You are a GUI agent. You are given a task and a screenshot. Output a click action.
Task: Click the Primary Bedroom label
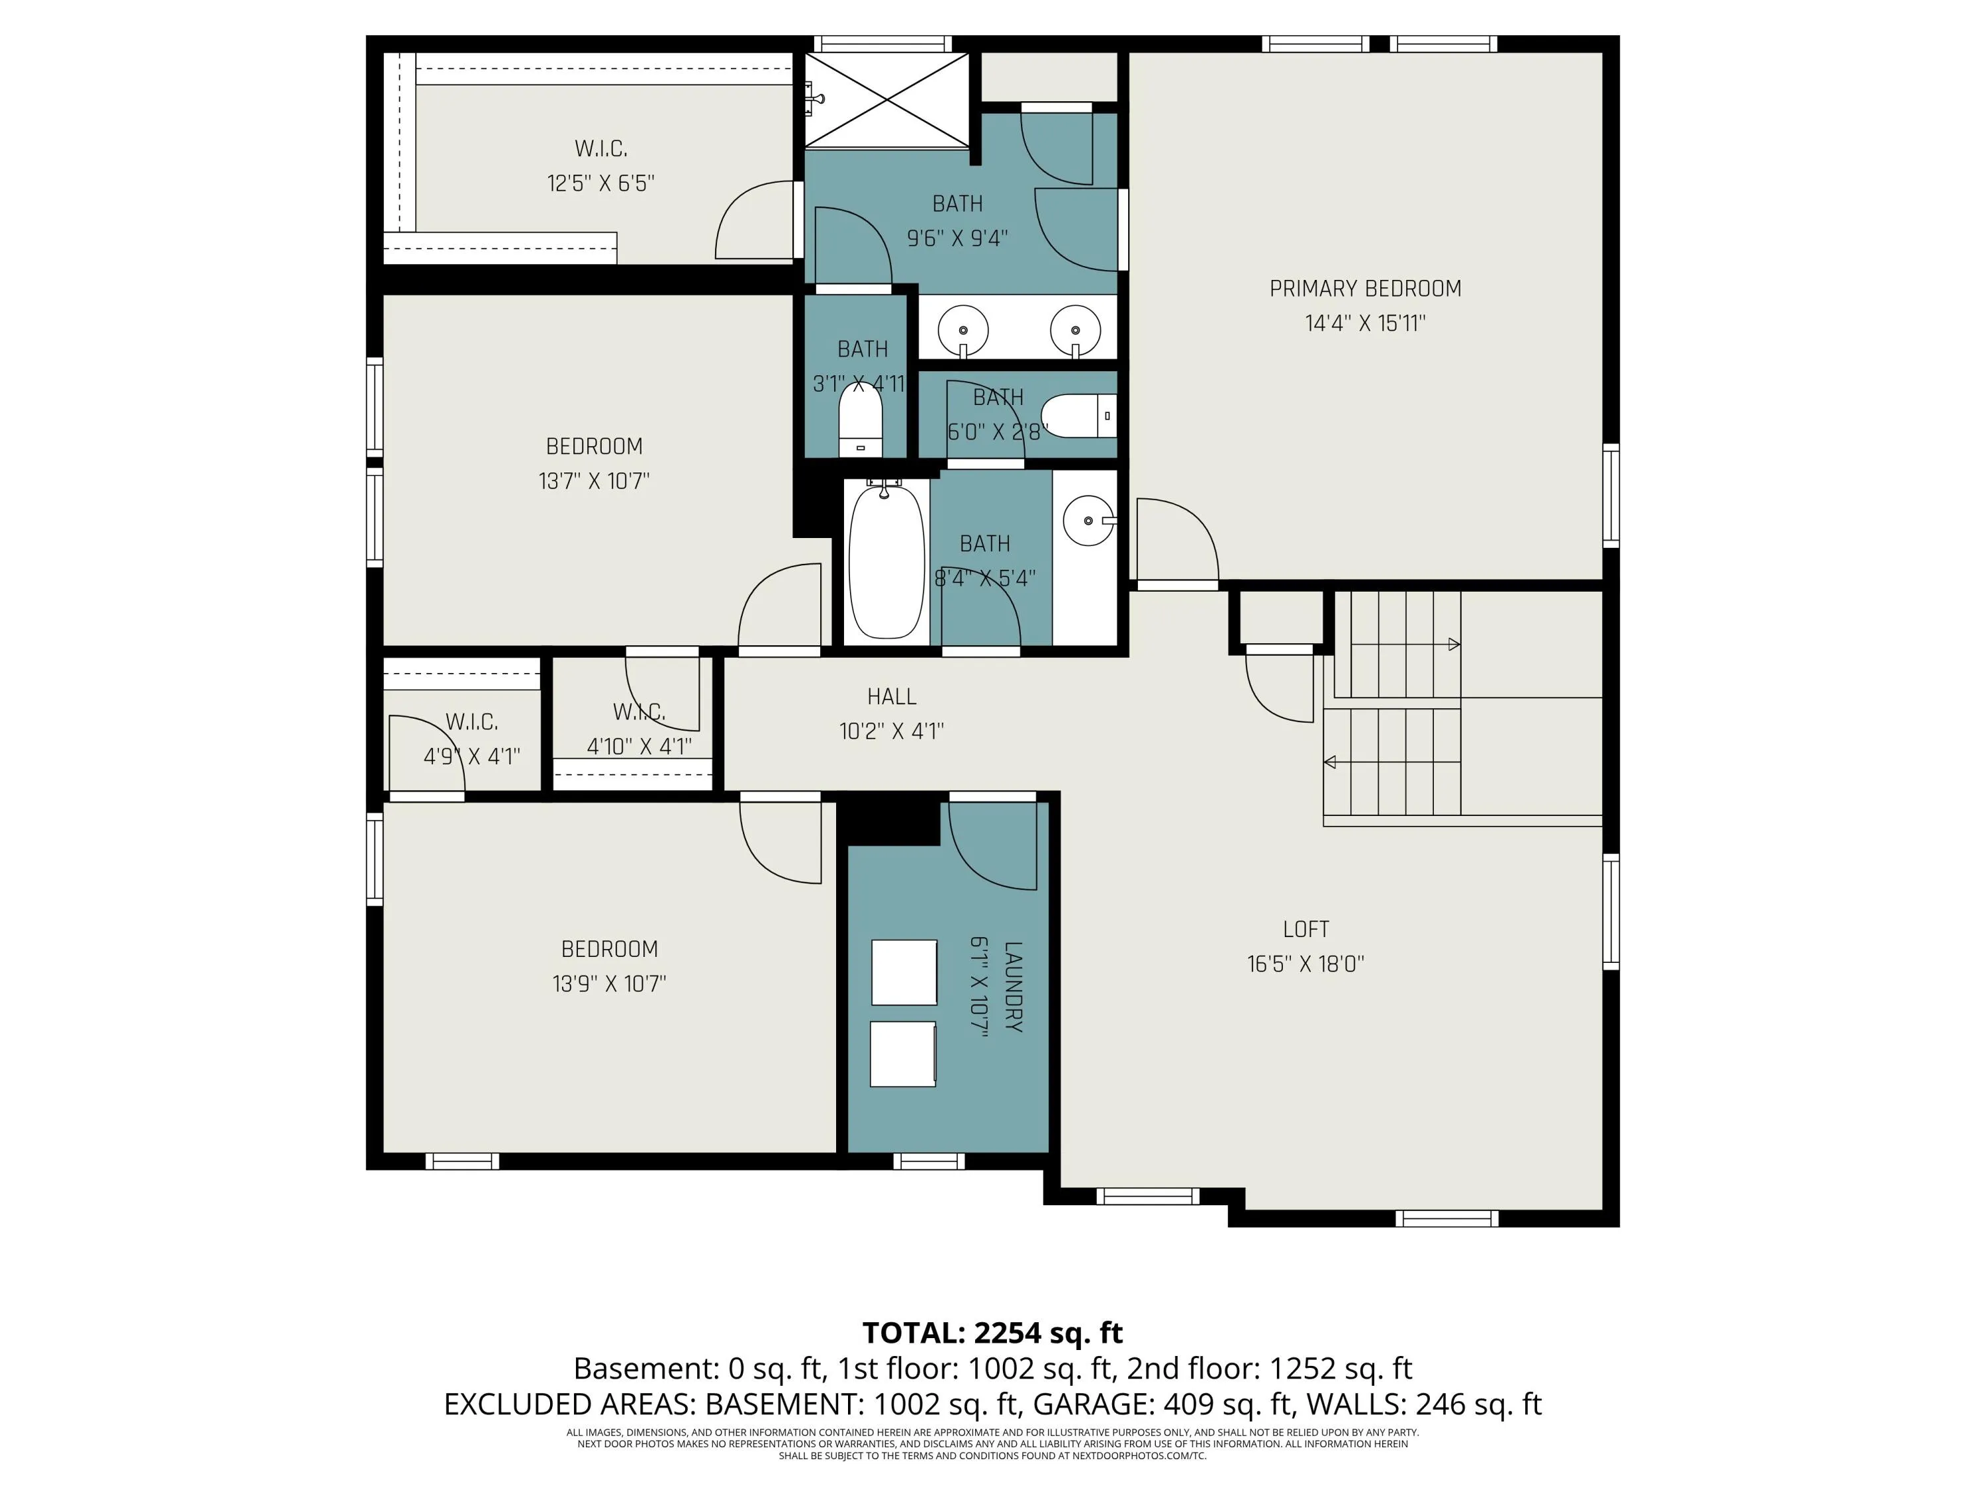pos(1364,289)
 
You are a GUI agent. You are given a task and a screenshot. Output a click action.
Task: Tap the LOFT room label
pos(1305,929)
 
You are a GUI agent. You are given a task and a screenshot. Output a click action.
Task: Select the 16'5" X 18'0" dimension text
pos(1305,964)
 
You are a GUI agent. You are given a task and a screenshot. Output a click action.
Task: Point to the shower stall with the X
pos(886,100)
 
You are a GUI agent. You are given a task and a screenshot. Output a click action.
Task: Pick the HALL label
pos(892,696)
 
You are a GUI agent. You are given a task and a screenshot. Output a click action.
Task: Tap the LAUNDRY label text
pos(1013,987)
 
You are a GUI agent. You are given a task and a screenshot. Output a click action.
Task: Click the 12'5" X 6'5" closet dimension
pos(600,183)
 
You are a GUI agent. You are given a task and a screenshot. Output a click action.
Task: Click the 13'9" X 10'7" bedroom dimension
pos(609,983)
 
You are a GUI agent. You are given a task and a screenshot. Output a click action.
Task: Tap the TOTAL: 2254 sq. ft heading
pos(993,1333)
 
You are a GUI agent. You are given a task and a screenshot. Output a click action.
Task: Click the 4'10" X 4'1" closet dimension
pos(639,746)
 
